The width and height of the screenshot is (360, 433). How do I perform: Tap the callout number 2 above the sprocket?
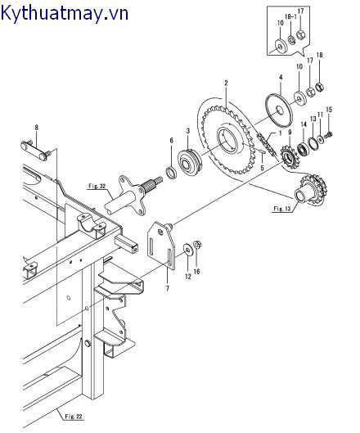[x=226, y=83]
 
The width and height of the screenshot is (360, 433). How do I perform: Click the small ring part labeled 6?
[x=172, y=172]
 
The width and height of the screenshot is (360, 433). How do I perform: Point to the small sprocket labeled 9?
[x=289, y=155]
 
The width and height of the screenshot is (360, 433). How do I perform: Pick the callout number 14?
[x=304, y=124]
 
